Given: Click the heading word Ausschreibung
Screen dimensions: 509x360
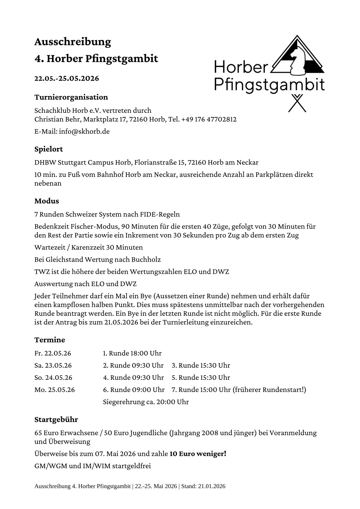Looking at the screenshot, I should coord(73,42).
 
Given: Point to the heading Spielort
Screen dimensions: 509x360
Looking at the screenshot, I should coord(49,149).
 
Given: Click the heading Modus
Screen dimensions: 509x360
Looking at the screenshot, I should coord(47,201).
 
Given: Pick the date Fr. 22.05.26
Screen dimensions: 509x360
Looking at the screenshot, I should coord(53,353).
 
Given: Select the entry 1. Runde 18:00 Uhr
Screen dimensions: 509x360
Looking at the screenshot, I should coord(132,353).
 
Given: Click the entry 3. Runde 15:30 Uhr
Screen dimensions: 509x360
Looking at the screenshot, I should coord(201,365).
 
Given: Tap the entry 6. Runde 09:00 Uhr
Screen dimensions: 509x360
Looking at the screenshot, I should coord(134,390).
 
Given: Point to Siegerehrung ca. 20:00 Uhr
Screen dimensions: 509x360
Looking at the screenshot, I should coord(146,402).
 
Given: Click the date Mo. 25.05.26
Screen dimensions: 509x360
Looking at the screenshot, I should coord(54,390).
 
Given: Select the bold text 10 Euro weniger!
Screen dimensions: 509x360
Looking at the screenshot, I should coord(198,454).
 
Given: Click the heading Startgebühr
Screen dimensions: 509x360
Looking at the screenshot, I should coord(56,420).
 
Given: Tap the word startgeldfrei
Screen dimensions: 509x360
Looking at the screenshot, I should coord(131,466).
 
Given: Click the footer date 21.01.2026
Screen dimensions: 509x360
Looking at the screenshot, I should coord(211,486).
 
